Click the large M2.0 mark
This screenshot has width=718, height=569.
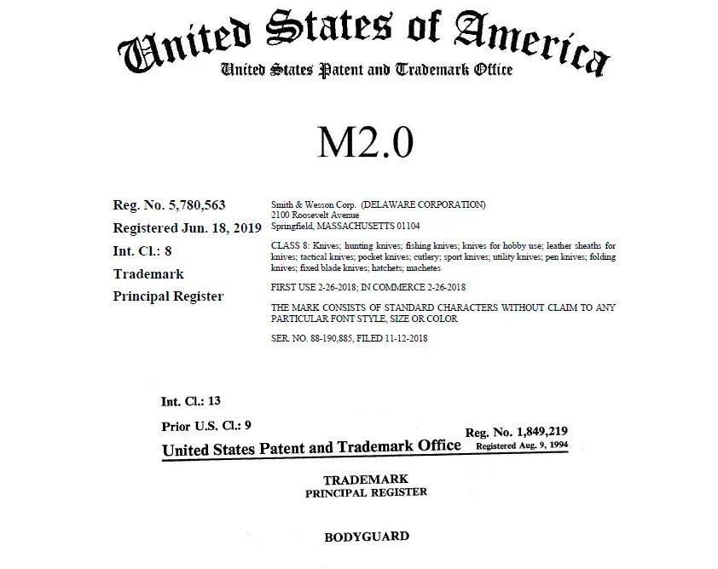(366, 142)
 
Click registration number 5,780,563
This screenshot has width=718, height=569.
(169, 205)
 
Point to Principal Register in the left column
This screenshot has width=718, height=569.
(168, 296)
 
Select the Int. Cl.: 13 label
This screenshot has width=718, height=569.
(191, 400)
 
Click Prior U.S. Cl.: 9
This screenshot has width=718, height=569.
(206, 425)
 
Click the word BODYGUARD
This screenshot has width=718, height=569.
(366, 537)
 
